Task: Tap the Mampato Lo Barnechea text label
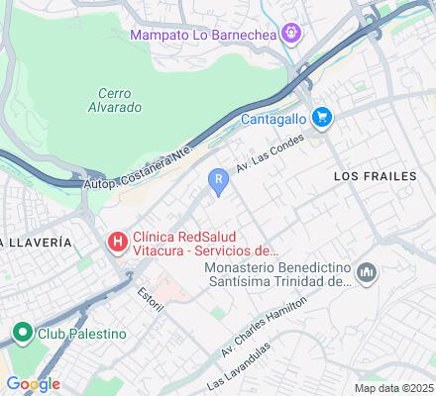204,36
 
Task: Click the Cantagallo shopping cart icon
321,118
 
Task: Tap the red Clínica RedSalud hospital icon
117,241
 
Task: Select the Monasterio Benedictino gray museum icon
367,271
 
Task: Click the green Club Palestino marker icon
21,333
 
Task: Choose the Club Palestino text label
81,334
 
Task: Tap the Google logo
33,384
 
